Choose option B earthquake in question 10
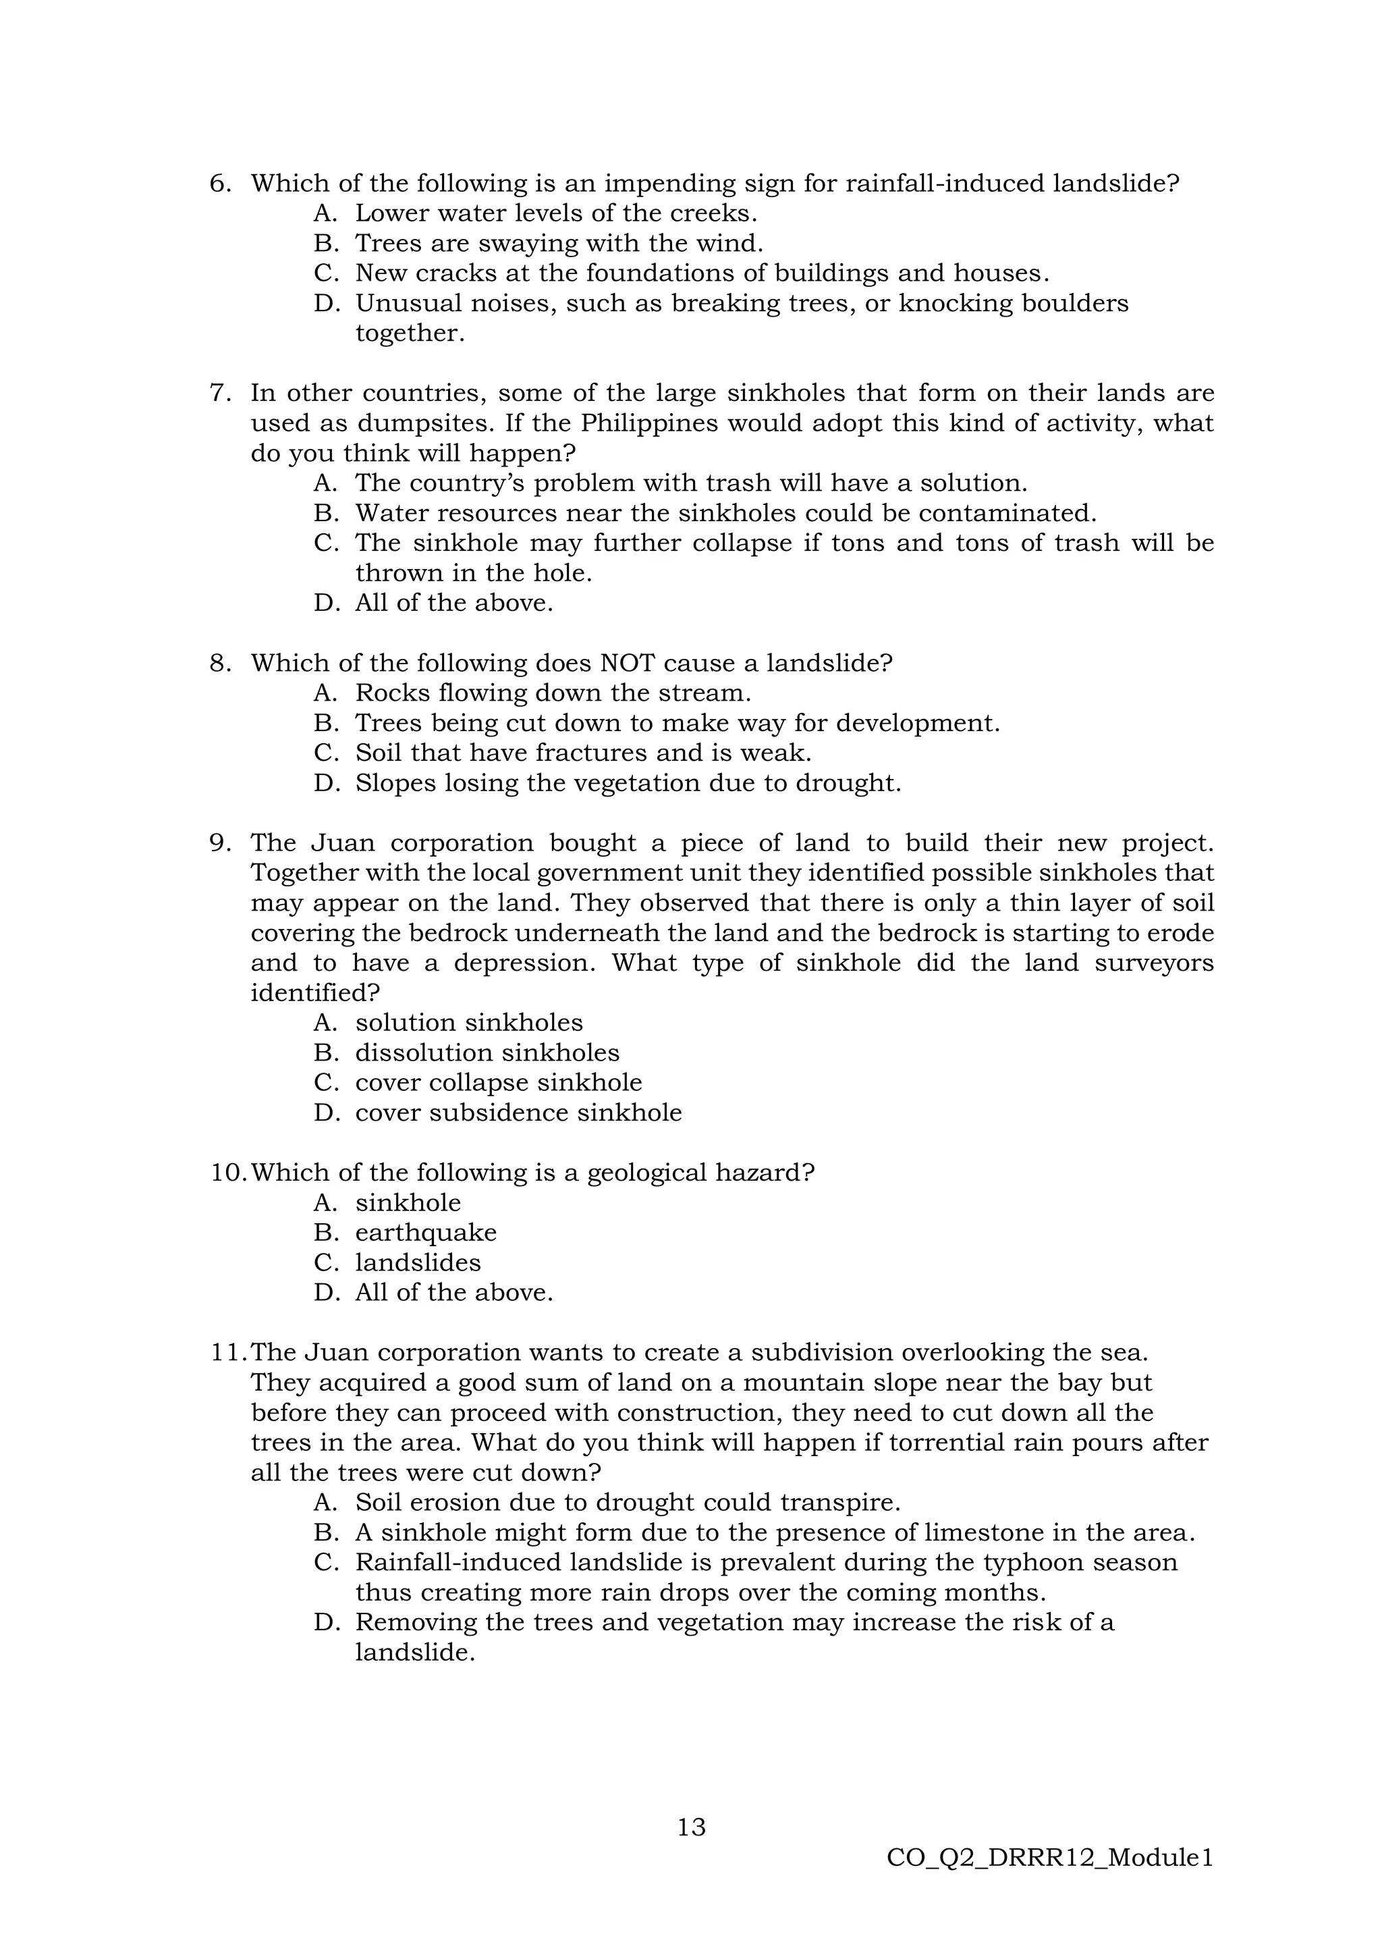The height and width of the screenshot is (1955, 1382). (426, 1232)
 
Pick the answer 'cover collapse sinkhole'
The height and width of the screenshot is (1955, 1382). (498, 1082)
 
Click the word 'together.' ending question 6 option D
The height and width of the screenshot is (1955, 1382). (410, 333)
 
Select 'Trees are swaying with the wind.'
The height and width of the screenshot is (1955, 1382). (559, 244)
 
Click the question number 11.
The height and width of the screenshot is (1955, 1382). (228, 1352)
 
